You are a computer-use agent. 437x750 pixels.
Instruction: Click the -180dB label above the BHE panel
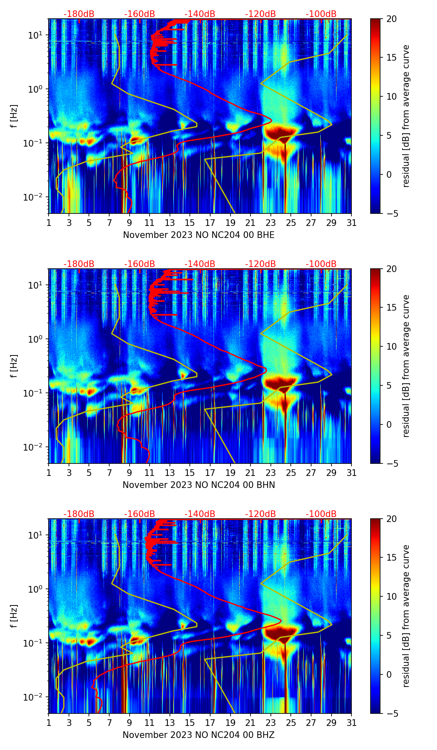point(79,14)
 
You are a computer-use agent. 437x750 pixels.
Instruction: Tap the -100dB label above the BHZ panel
point(321,514)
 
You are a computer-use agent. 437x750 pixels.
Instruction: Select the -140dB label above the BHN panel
point(200,264)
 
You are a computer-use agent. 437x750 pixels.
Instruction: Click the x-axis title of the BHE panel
point(199,235)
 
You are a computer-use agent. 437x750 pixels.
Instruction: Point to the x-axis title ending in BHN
point(199,485)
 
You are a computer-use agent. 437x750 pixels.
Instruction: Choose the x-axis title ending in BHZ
point(199,735)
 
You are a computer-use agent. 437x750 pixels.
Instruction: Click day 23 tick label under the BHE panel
point(271,223)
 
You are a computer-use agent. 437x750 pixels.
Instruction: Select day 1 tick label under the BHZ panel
point(49,723)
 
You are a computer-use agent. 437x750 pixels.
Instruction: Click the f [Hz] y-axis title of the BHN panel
point(15,366)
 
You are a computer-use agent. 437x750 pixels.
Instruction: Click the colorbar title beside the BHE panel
point(406,116)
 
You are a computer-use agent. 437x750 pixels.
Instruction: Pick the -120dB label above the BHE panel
point(260,14)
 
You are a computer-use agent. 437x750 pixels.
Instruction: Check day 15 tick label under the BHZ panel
point(190,723)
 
